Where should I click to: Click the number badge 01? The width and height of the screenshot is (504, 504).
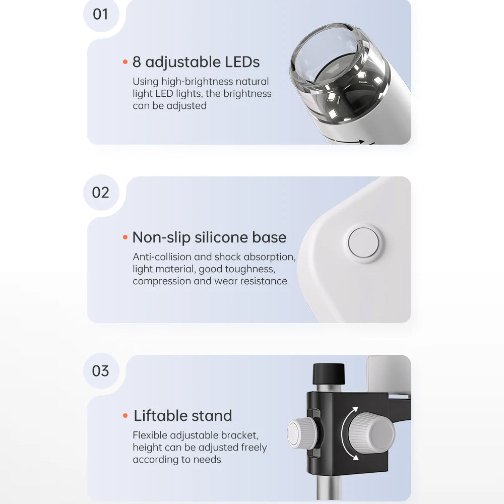(x=101, y=15)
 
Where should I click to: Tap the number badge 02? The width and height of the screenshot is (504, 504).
(x=101, y=193)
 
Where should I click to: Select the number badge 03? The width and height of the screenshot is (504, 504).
(x=101, y=371)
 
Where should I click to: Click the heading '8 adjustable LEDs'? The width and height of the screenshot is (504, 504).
(x=196, y=62)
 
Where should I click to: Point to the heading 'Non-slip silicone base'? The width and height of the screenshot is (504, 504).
(x=209, y=237)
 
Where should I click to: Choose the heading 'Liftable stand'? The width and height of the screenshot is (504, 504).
(x=182, y=416)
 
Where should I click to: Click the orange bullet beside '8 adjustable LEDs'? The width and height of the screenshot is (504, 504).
(x=125, y=61)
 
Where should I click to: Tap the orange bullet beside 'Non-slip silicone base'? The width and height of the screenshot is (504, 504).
(x=125, y=237)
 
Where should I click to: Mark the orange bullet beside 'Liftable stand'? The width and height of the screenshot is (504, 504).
(x=125, y=416)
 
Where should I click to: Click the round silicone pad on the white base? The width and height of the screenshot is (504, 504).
(x=363, y=243)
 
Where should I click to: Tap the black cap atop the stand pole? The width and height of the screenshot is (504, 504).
(x=329, y=373)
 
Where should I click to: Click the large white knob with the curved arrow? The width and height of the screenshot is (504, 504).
(x=372, y=433)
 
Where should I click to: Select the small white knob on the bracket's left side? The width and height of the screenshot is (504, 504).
(x=302, y=433)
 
